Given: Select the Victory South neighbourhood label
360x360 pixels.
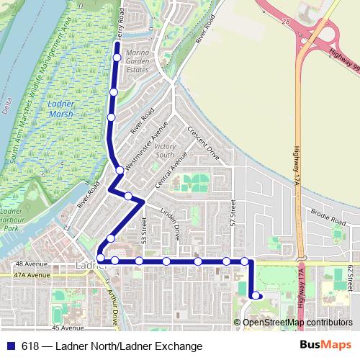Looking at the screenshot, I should pos(165,150).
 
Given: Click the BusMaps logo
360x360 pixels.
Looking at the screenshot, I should pos(325,346).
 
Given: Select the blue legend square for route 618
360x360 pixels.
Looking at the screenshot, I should pos(11,346).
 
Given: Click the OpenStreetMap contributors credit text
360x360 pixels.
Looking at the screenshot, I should pos(297,322).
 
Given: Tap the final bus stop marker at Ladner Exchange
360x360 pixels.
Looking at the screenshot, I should pos(256,295).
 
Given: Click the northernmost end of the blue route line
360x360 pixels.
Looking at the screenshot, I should pos(117,44).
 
